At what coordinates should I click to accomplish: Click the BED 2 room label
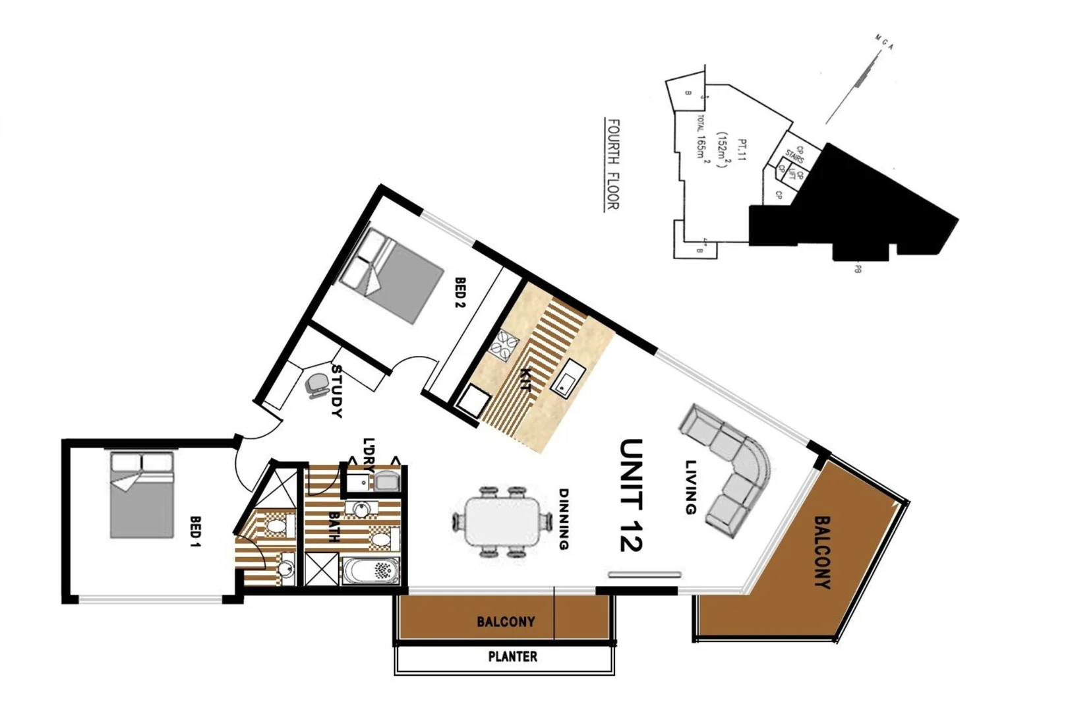tap(460, 293)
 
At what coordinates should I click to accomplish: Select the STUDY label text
tap(337, 391)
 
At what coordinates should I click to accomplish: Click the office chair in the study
tap(317, 385)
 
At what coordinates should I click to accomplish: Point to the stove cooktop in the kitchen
tap(505, 345)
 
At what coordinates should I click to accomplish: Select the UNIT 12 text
tap(631, 494)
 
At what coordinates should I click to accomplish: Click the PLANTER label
tap(512, 657)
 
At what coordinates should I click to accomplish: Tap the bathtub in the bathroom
tap(371, 571)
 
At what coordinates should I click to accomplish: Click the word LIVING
tap(690, 487)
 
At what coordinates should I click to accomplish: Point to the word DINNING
tap(564, 519)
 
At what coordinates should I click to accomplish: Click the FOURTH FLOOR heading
tap(612, 164)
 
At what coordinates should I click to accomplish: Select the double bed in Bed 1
tap(141, 495)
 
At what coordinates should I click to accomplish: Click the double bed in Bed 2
tap(394, 276)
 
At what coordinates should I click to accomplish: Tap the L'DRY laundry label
tap(369, 455)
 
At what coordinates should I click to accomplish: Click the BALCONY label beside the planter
tap(506, 622)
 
